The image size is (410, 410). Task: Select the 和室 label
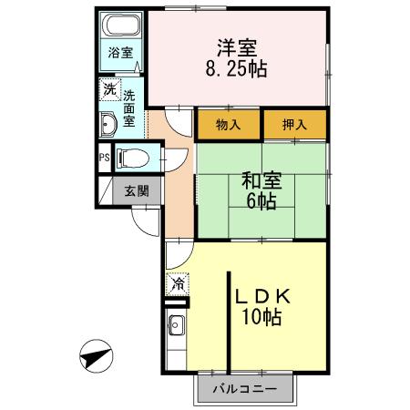click(x=261, y=180)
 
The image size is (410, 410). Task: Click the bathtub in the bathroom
click(x=120, y=26)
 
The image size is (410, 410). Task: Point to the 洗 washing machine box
click(x=109, y=89)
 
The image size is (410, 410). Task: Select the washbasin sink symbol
click(x=108, y=124)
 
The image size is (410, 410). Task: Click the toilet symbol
click(x=132, y=156)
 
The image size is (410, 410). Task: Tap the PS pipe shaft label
click(x=103, y=156)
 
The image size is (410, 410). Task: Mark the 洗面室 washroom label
click(x=130, y=107)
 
